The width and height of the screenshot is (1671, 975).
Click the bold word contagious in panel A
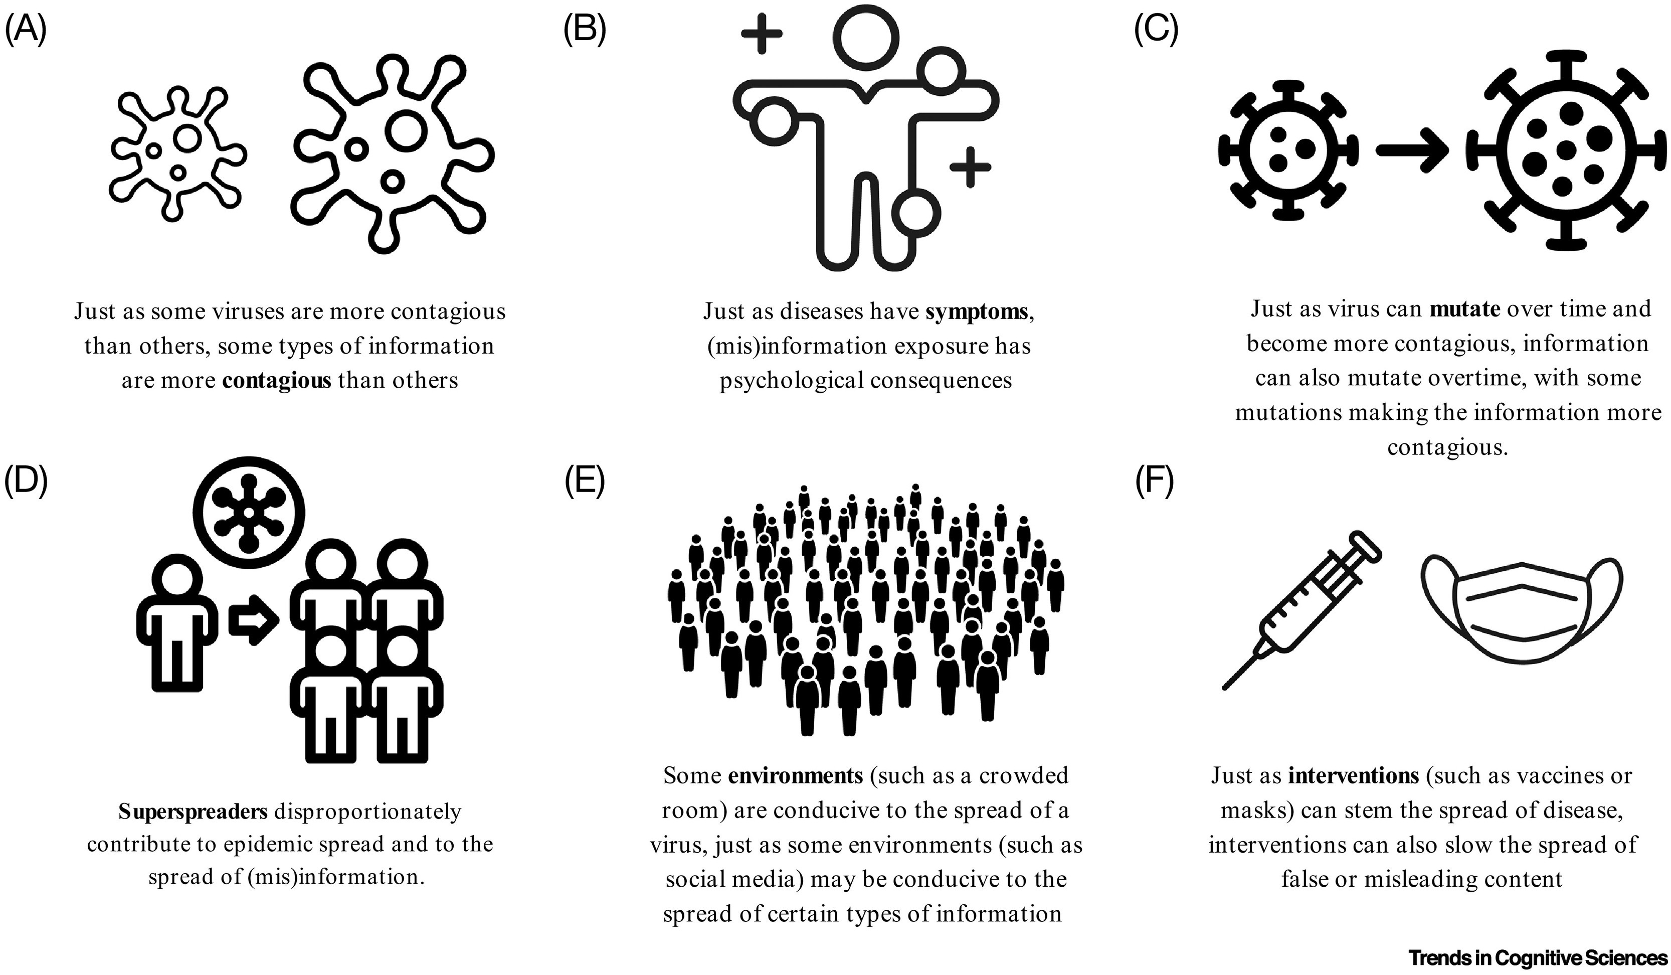(x=277, y=381)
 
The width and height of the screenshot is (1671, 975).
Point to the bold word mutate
(x=1465, y=309)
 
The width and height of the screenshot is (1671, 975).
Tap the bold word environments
(x=796, y=775)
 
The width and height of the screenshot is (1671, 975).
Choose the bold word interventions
(x=1353, y=775)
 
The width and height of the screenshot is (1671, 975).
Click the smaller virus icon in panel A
(x=177, y=152)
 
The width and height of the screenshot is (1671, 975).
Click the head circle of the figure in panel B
(x=865, y=37)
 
